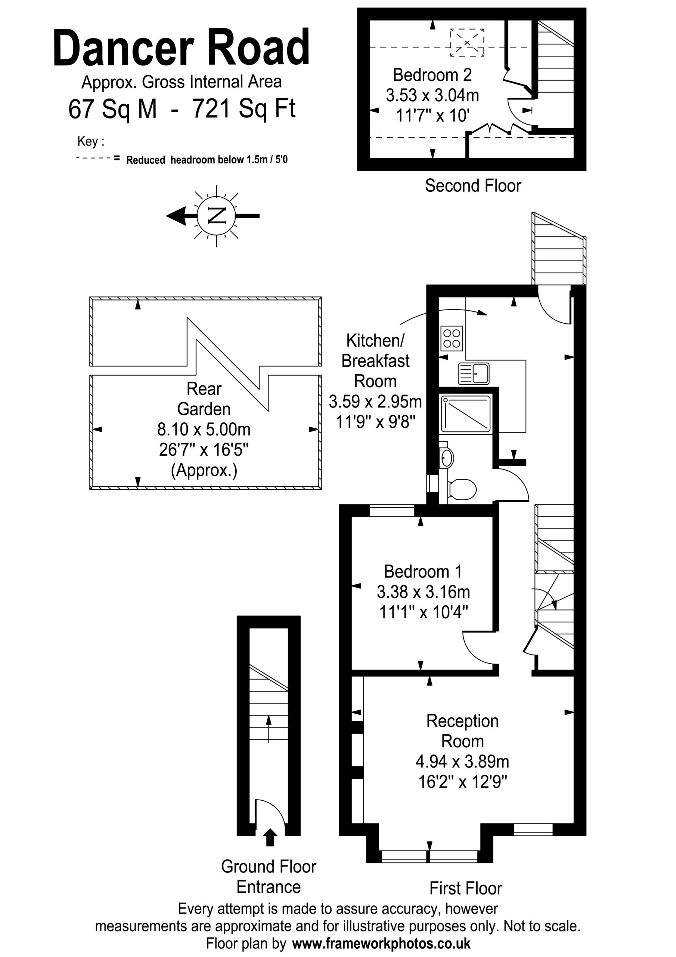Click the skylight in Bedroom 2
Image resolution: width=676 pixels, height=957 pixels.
click(x=467, y=43)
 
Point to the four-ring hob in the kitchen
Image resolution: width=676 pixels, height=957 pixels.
click(x=452, y=338)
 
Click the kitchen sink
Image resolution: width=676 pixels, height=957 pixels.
click(x=474, y=373)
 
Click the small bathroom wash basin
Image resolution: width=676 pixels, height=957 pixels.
click(x=447, y=458)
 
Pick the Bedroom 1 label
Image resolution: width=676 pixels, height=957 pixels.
click(x=423, y=572)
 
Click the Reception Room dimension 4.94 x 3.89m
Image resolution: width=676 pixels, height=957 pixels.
click(x=462, y=761)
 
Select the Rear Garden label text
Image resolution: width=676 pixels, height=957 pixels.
click(x=204, y=399)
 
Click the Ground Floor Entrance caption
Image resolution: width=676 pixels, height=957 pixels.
click(x=269, y=877)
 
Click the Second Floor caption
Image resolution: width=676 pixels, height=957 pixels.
click(x=473, y=185)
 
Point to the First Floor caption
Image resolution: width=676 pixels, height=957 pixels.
click(x=466, y=888)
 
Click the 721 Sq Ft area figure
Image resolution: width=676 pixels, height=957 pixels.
click(x=244, y=109)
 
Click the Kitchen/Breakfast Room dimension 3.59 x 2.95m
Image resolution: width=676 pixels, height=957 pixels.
click(x=375, y=401)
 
